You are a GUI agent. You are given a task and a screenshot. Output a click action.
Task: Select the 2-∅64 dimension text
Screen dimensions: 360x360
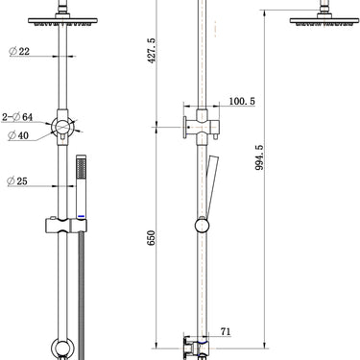tap(19, 117)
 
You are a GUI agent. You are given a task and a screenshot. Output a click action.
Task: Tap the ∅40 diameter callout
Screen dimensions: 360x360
tap(18, 135)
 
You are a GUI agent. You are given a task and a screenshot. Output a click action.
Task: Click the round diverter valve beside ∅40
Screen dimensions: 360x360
tap(63, 127)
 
